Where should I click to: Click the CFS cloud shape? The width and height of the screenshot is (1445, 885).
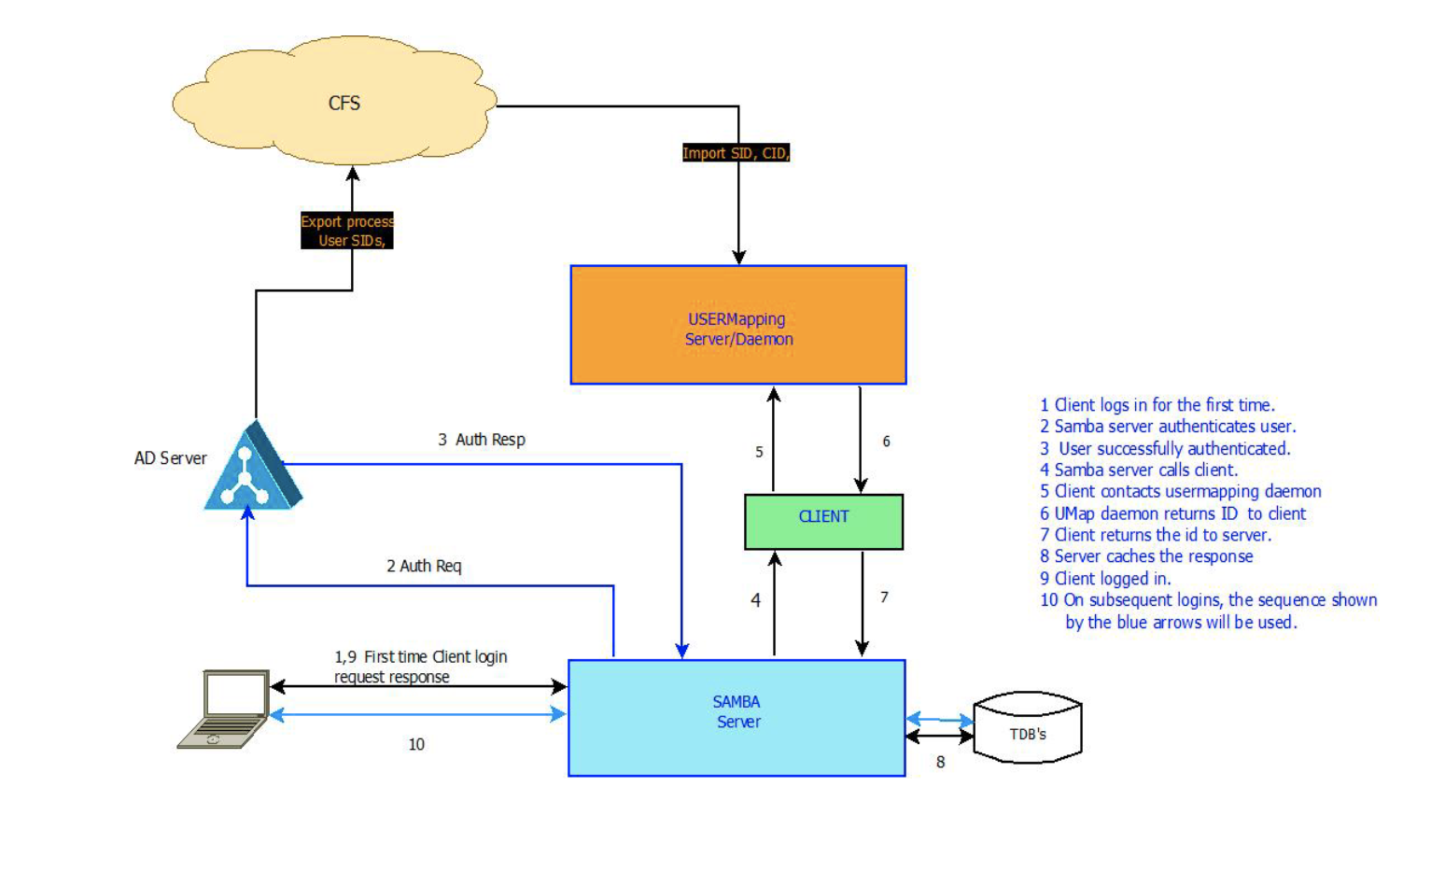[336, 102]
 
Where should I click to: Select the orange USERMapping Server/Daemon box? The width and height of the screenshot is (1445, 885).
[738, 325]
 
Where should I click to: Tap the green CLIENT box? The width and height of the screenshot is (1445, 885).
[823, 521]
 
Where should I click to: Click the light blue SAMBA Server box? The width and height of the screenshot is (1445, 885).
[737, 717]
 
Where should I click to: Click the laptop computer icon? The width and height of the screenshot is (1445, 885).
[225, 709]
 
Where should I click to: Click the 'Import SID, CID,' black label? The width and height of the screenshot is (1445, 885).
[736, 153]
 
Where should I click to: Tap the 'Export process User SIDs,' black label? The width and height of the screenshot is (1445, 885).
[346, 231]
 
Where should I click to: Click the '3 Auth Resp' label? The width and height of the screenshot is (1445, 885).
[482, 440]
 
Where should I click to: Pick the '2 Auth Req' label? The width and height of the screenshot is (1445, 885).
[424, 566]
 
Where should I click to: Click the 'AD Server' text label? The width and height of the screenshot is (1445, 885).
[170, 458]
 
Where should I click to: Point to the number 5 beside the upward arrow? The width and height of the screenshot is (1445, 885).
[759, 452]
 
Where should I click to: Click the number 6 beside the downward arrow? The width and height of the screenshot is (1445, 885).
[886, 442]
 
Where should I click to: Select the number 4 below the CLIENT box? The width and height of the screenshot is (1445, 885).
[755, 600]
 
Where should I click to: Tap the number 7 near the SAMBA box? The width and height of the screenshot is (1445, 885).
[884, 597]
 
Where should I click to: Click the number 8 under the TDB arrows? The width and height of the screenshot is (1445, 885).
[940, 762]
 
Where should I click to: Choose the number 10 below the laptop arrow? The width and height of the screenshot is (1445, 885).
[416, 744]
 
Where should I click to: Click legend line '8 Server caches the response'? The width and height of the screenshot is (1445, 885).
[1146, 556]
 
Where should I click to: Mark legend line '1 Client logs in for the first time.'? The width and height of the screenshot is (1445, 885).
[1157, 405]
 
